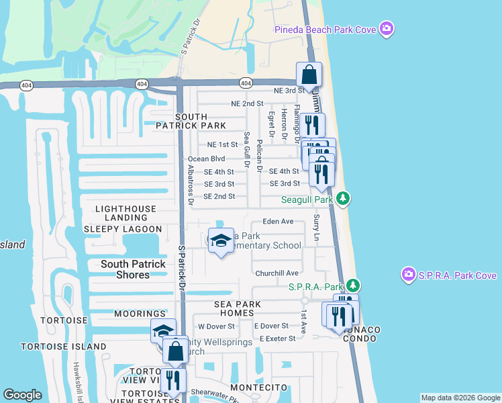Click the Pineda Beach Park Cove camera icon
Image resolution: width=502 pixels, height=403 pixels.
386,29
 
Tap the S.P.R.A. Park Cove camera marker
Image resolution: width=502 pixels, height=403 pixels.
408,274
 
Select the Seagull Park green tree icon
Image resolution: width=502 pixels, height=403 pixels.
343,198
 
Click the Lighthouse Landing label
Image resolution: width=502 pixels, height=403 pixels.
125,213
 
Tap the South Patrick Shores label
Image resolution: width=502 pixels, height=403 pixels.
133,269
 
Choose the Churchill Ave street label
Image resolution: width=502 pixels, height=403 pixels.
277,273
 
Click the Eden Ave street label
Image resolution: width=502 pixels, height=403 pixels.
279,221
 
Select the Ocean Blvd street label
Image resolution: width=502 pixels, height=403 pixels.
206,159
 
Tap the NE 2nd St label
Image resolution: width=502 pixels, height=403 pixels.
247,104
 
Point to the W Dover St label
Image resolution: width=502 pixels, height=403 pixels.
215,326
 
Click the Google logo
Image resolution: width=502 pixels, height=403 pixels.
23,395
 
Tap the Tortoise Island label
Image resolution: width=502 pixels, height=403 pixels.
64,347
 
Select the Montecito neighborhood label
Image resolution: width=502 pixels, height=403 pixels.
259,388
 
